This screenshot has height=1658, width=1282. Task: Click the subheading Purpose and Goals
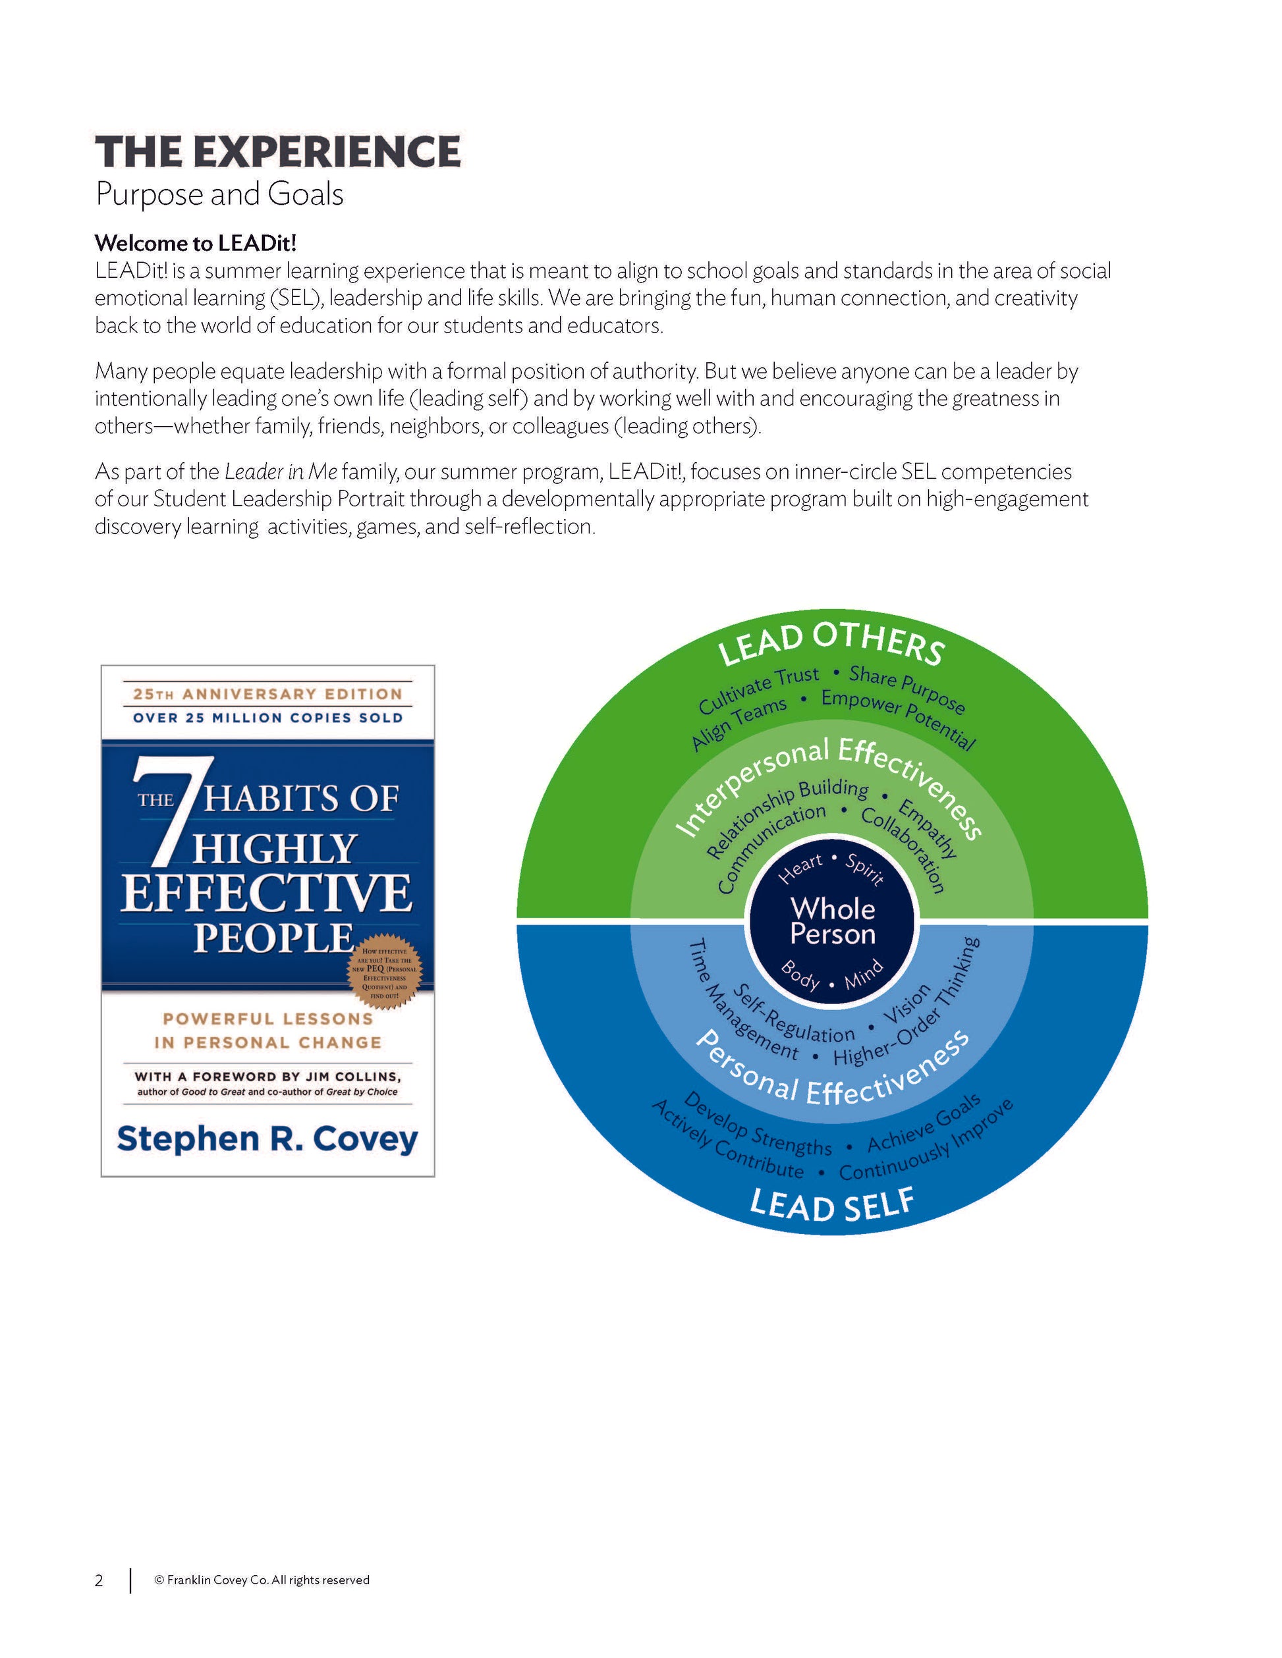[x=219, y=194]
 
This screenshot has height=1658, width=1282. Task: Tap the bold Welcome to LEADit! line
[x=195, y=243]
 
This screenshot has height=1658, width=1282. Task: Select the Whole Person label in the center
[x=833, y=921]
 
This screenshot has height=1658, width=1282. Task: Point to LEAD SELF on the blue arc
[x=831, y=1205]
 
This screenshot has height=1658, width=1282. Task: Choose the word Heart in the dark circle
[x=800, y=868]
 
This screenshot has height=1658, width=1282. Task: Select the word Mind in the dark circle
[x=864, y=974]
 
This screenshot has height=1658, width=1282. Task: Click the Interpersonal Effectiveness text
[x=831, y=782]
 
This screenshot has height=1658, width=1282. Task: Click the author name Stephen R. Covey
[x=267, y=1138]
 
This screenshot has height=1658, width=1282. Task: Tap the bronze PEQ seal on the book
[x=384, y=973]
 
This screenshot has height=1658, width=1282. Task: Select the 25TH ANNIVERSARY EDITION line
[x=267, y=694]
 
